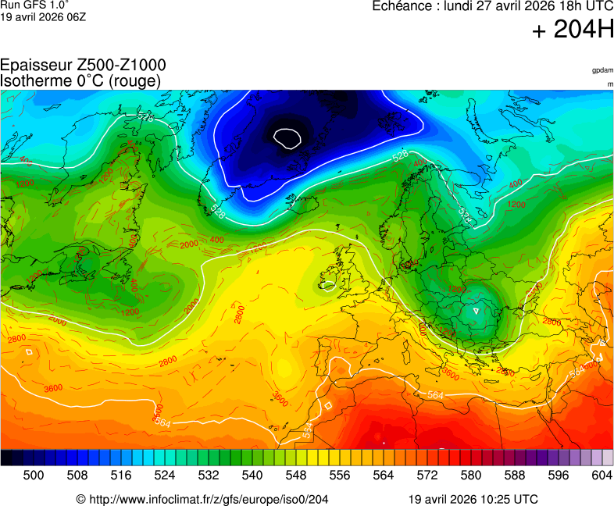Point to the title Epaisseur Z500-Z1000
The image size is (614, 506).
[83, 66]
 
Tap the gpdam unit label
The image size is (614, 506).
[602, 70]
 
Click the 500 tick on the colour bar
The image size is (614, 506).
[34, 474]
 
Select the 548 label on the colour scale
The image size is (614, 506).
[296, 474]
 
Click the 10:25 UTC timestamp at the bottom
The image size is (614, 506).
[508, 499]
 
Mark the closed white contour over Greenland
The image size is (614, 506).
[287, 138]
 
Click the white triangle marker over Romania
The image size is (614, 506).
[476, 311]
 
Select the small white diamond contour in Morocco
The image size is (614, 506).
[328, 405]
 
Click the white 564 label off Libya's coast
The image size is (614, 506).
[436, 395]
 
